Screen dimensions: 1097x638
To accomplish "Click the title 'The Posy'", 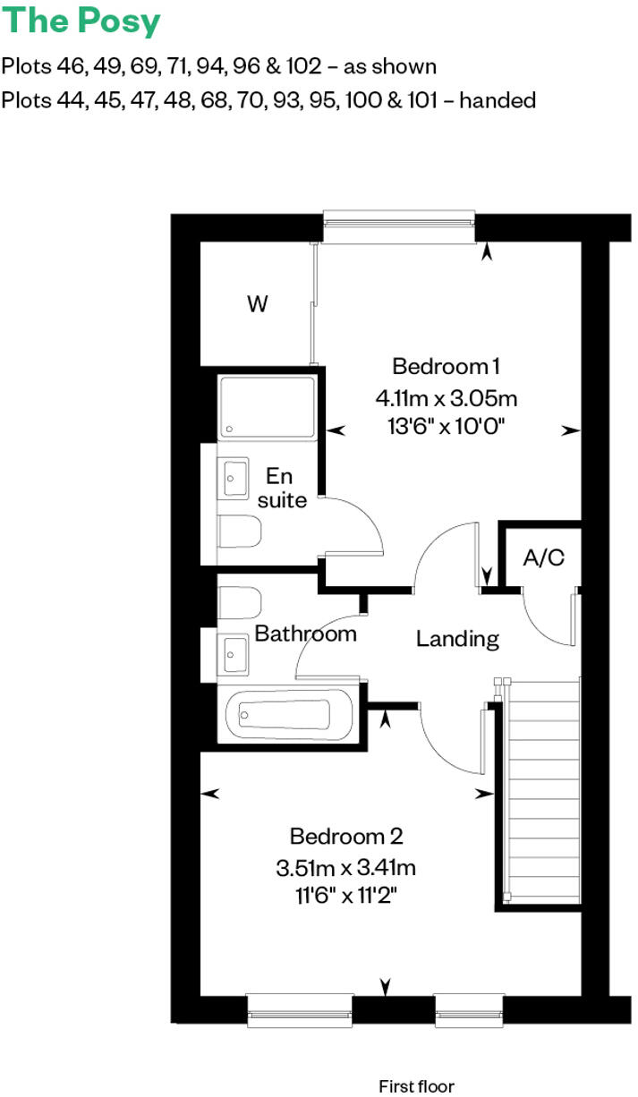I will click(81, 21).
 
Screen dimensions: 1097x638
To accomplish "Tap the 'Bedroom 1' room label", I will click(446, 366).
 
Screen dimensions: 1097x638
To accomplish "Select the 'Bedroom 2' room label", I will click(346, 837).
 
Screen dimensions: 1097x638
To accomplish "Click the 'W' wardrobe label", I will click(257, 305).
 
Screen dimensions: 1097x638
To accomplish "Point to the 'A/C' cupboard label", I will click(543, 558).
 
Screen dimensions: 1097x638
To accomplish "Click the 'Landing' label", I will click(457, 639).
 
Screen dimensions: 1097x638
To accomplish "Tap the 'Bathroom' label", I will click(305, 634).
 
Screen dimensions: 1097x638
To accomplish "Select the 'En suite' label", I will click(283, 489).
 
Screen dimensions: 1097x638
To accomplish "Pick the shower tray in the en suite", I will click(268, 408).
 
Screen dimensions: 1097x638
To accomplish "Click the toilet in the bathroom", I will click(239, 600).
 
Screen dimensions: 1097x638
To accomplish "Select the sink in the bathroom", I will click(235, 653).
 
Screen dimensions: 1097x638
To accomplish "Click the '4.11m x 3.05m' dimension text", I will click(446, 396).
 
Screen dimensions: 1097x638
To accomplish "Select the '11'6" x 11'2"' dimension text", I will click(346, 895).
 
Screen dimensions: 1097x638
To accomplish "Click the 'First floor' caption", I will click(416, 1086).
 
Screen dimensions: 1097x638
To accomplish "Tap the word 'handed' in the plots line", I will click(499, 100).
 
